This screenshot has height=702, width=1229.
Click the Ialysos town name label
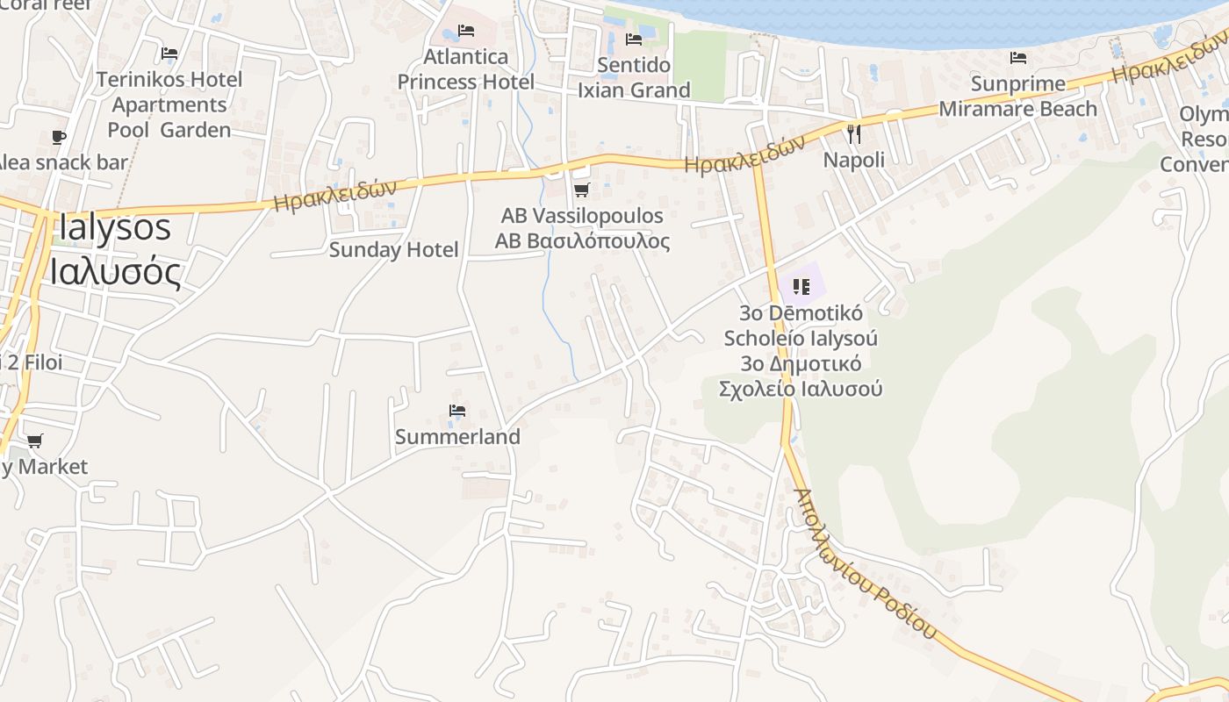(x=114, y=228)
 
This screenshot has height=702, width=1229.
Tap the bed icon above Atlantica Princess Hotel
(x=466, y=31)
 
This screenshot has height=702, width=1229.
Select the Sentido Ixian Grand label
(x=634, y=77)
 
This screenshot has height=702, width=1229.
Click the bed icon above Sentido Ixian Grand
(x=634, y=39)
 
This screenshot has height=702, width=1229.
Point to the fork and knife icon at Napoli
(x=853, y=133)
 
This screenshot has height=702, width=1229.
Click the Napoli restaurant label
(x=853, y=161)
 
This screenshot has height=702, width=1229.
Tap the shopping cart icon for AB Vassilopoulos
(x=581, y=190)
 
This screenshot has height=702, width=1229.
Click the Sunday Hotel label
(x=393, y=250)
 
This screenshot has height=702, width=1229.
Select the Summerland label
(x=457, y=437)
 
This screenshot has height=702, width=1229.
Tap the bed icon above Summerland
(x=456, y=410)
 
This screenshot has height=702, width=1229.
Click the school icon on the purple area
(x=801, y=286)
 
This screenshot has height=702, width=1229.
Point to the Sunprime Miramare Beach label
(x=1018, y=97)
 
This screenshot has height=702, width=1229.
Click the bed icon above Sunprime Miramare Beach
(x=1018, y=58)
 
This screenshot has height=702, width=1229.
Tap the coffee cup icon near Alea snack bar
(x=58, y=137)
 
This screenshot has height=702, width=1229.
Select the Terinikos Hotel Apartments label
(x=169, y=104)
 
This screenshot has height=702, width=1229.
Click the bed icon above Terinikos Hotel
(x=169, y=54)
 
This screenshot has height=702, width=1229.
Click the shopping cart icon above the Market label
(x=34, y=441)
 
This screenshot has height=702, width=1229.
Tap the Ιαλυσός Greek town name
(x=115, y=272)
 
